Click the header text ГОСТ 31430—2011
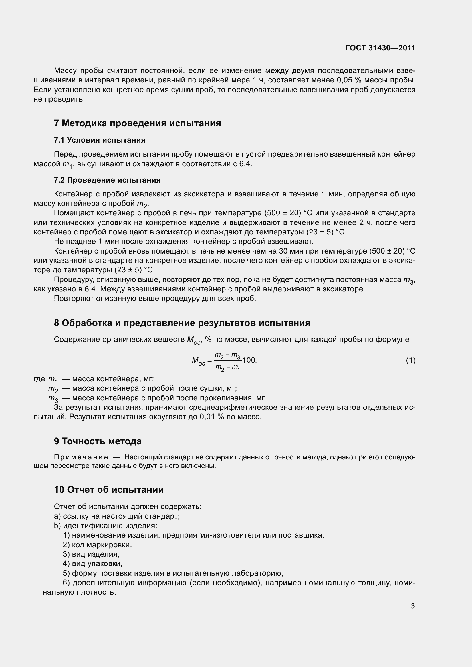[x=380, y=48]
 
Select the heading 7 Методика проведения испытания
[x=137, y=123]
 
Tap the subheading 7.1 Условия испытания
[x=99, y=140]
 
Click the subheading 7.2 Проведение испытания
[x=107, y=180]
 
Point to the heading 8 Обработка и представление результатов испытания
[x=182, y=323]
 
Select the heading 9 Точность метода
[x=98, y=441]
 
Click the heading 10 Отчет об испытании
[x=109, y=490]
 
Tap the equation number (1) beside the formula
[x=410, y=360]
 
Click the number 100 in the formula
[x=249, y=360]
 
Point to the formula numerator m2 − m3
[x=227, y=355]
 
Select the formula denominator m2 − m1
[x=227, y=368]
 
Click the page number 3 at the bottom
[x=413, y=606]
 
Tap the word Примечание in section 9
[x=81, y=457]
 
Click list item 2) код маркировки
[x=97, y=545]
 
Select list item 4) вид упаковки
[x=92, y=563]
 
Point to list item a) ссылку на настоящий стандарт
[x=117, y=516]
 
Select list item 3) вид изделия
[x=91, y=554]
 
